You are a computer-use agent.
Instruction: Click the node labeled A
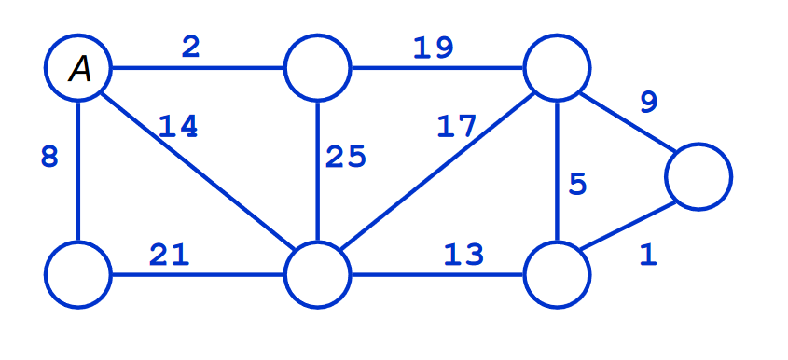79,69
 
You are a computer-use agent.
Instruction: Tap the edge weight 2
190,48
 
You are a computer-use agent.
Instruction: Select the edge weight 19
434,48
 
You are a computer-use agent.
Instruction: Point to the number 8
49,157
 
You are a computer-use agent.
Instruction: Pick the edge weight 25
345,157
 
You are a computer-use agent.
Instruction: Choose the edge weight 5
577,185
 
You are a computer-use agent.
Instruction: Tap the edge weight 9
648,102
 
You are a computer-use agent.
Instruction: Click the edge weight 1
648,256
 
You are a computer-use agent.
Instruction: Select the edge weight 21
170,254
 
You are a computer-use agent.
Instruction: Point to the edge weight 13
463,254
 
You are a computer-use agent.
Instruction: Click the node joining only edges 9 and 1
698,176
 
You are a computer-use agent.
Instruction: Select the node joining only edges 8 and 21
78,275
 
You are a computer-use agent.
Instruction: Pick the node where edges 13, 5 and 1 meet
557,275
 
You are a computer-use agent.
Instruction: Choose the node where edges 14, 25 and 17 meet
318,275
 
